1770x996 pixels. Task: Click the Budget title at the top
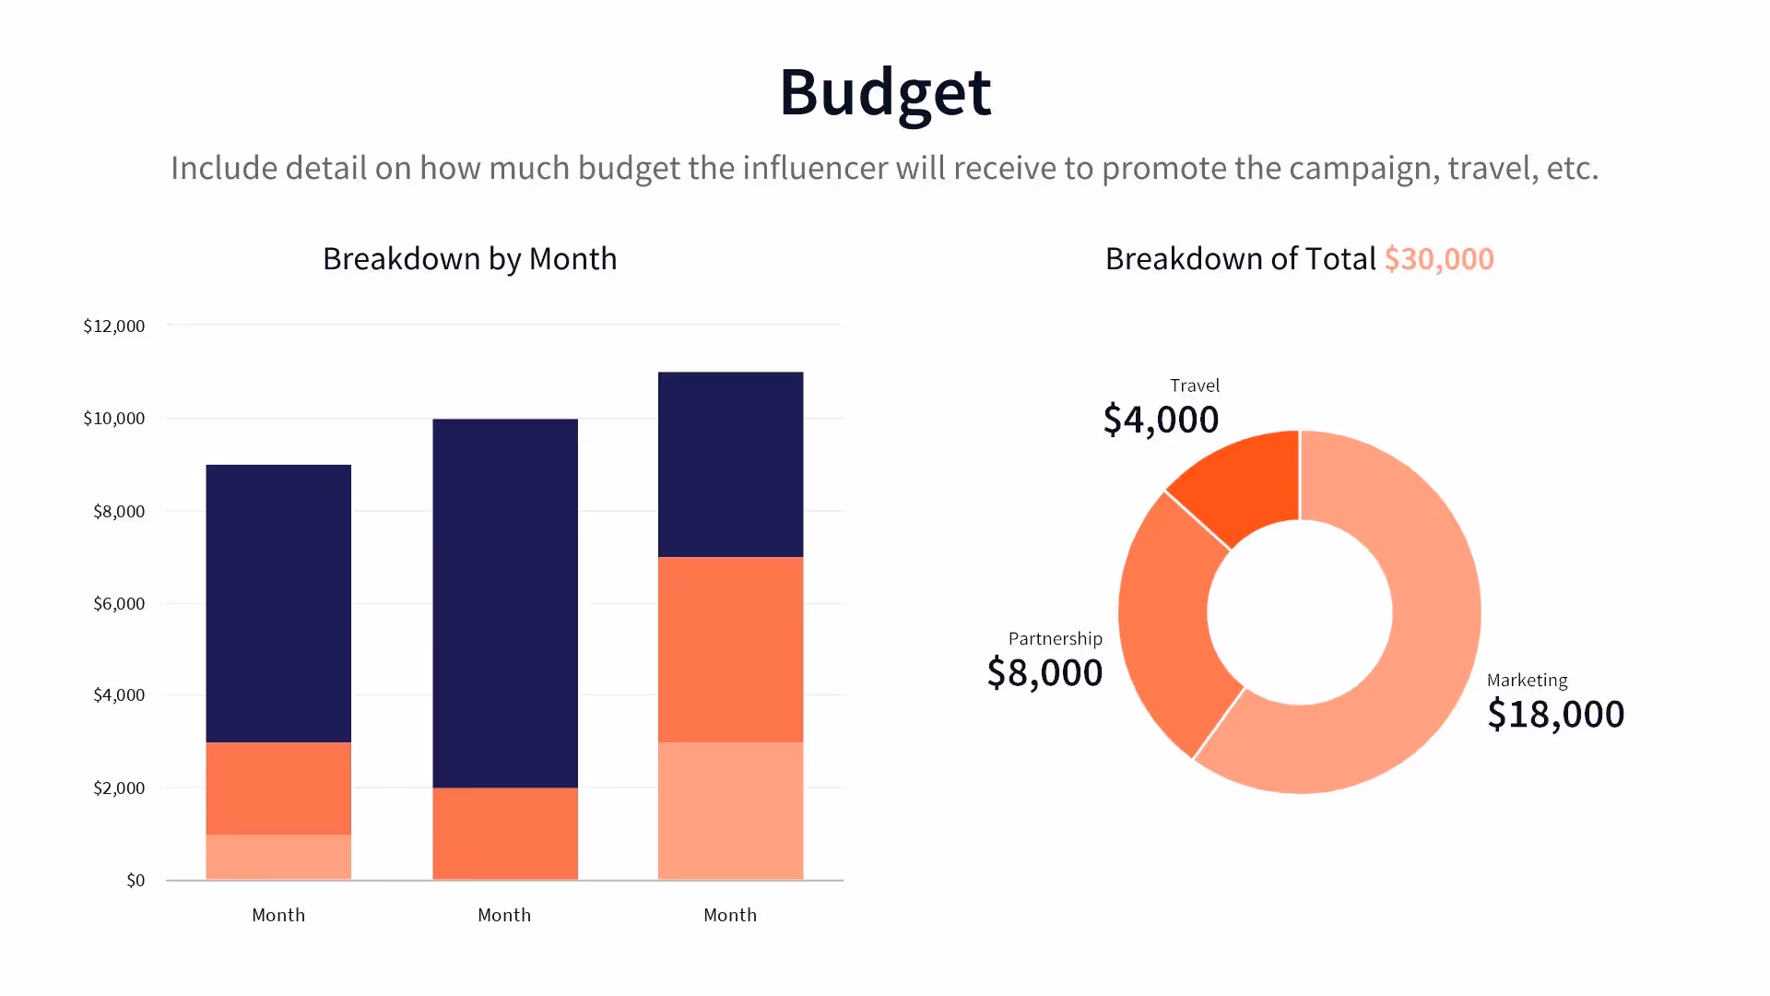pyautogui.click(x=885, y=92)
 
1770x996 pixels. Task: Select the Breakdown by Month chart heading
pyautogui.click(x=469, y=259)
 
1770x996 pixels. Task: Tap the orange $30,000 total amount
pyautogui.click(x=1438, y=259)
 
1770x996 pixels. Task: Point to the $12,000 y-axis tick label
pyautogui.click(x=114, y=326)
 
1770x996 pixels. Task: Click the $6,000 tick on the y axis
pyautogui.click(x=119, y=604)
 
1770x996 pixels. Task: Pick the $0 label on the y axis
pyautogui.click(x=136, y=881)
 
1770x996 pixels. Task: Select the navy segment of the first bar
pyautogui.click(x=278, y=604)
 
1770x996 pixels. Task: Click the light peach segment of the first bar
pyautogui.click(x=278, y=857)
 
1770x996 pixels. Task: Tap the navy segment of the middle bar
pyautogui.click(x=505, y=604)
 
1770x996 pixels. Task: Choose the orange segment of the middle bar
pyautogui.click(x=505, y=834)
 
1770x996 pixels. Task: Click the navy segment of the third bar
pyautogui.click(x=730, y=464)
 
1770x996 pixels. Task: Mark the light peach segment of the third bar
pyautogui.click(x=730, y=811)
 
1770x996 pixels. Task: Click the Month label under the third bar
pyautogui.click(x=730, y=915)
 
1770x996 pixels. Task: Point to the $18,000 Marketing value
pyautogui.click(x=1556, y=715)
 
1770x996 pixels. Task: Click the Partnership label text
pyautogui.click(x=1055, y=639)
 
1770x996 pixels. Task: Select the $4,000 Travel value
pyautogui.click(x=1161, y=420)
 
